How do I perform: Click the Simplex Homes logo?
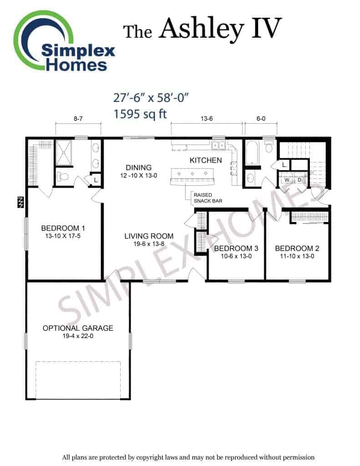[64, 41]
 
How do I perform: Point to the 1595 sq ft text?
[140, 114]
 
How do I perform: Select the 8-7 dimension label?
[78, 119]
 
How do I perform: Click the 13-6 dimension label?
[207, 119]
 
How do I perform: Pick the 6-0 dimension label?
[261, 119]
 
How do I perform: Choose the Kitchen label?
[206, 161]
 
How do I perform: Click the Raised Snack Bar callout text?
[208, 198]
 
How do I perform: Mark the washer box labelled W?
[287, 180]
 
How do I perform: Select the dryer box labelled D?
[299, 180]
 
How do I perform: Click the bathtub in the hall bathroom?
[253, 153]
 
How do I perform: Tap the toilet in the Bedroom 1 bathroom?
[63, 177]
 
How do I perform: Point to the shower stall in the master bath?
[64, 153]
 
